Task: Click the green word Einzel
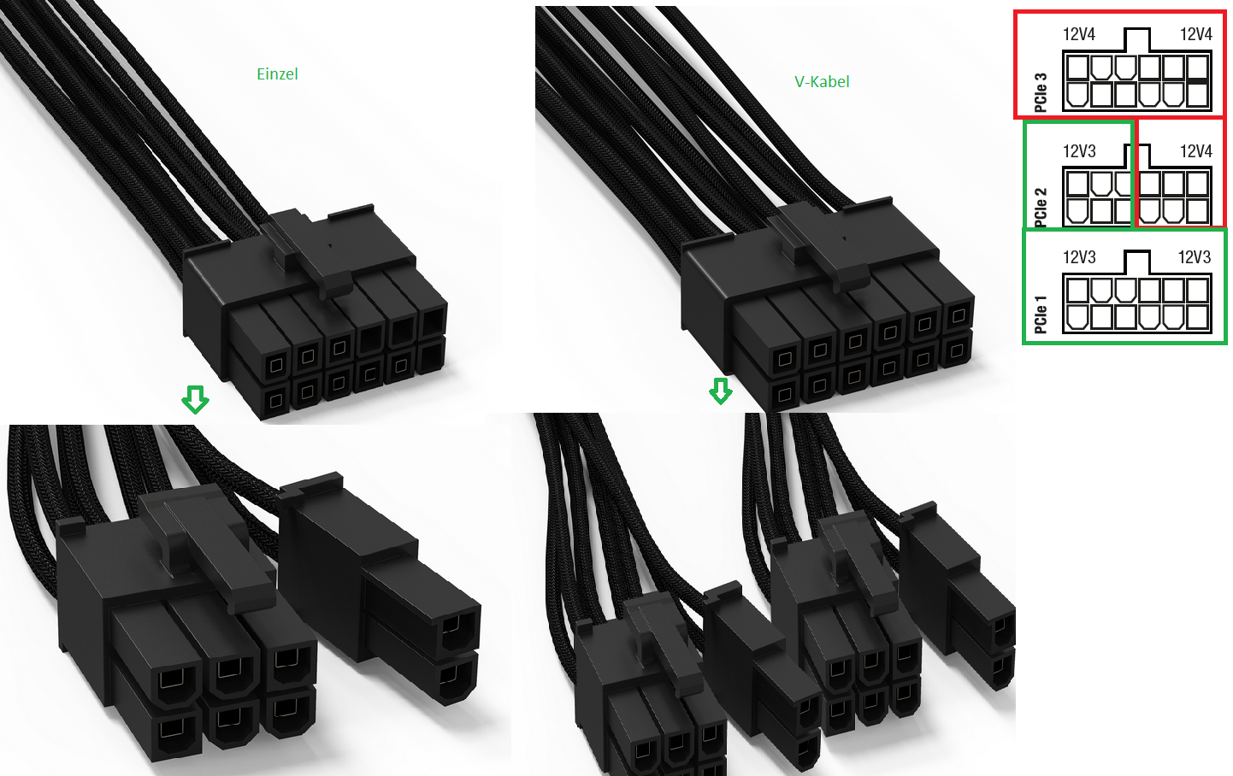(x=277, y=73)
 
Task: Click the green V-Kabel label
(x=822, y=82)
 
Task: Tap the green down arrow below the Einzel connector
(x=196, y=399)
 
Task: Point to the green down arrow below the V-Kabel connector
(x=721, y=391)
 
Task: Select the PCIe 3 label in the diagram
(x=1041, y=92)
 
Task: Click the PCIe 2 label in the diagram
(x=1041, y=207)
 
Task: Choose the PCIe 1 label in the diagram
(x=1041, y=315)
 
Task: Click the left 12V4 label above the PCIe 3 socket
(x=1079, y=35)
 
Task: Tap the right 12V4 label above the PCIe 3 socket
(x=1195, y=35)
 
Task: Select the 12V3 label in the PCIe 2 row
(x=1079, y=151)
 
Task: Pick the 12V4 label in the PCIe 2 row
(x=1195, y=151)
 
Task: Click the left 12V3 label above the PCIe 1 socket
(x=1079, y=257)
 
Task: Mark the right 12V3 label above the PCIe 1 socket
(x=1194, y=257)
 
